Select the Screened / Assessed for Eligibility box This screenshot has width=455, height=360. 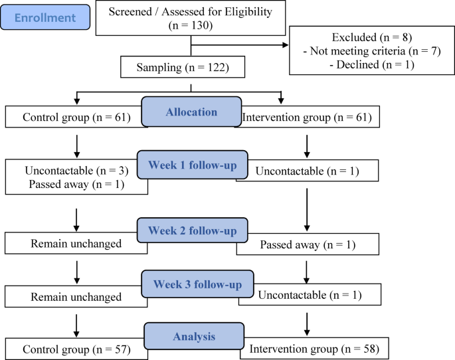point(191,18)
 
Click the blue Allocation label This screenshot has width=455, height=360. point(191,112)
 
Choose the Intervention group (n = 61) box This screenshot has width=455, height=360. point(307,118)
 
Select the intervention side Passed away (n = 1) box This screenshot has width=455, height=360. point(308,244)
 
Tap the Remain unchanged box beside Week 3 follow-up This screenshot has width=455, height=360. point(75,296)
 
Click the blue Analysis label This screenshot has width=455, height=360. point(191,336)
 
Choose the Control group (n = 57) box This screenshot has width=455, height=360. point(75,348)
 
